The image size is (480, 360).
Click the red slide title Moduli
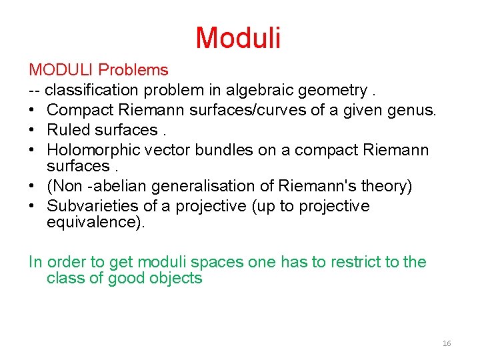point(238,38)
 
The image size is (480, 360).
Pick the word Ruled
point(68,129)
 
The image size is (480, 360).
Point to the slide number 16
point(446,343)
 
